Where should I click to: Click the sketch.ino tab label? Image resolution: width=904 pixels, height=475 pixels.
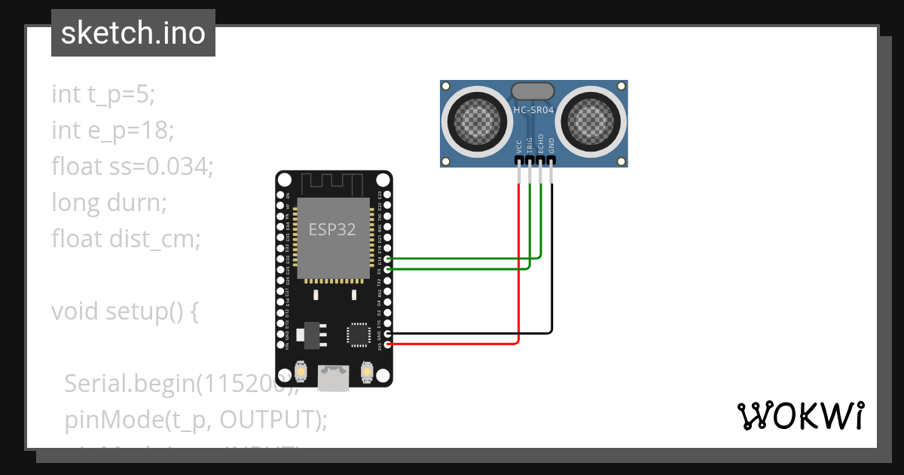click(x=133, y=34)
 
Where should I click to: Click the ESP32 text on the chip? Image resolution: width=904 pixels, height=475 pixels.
click(x=332, y=229)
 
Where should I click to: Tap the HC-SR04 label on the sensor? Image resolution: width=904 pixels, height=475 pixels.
click(x=533, y=110)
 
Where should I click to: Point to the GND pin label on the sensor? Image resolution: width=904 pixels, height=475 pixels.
click(x=551, y=146)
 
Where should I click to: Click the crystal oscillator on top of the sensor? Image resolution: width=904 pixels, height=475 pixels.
click(x=533, y=91)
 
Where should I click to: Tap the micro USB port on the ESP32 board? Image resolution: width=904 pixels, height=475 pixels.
click(x=332, y=377)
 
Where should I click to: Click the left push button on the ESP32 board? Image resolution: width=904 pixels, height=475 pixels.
click(x=301, y=373)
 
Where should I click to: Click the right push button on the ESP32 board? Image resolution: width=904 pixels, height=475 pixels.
click(x=368, y=373)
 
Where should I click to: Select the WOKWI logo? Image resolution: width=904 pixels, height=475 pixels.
click(x=800, y=415)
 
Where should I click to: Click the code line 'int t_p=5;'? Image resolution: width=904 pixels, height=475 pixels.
click(x=103, y=94)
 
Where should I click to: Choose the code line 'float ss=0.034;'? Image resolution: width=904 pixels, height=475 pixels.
click(x=133, y=167)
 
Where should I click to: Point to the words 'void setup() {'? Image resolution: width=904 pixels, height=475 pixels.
click(x=125, y=311)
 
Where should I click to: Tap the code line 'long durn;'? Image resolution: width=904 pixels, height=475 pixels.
click(x=108, y=203)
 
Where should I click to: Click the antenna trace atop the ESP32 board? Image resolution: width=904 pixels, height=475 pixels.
click(x=332, y=183)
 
